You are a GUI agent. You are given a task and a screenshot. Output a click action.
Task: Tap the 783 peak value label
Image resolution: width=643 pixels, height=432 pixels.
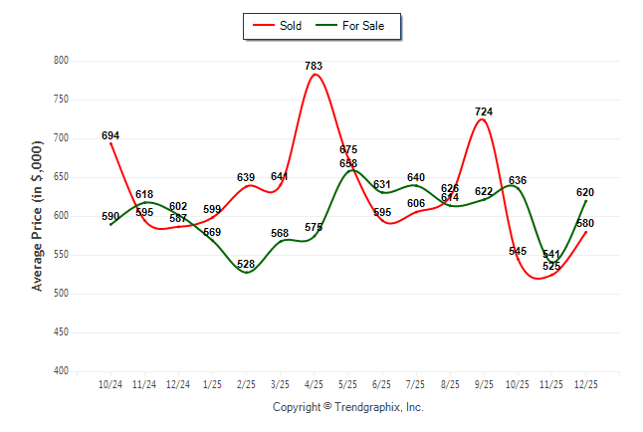(314, 66)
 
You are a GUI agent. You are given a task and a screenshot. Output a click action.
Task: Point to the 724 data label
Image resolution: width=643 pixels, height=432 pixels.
(484, 111)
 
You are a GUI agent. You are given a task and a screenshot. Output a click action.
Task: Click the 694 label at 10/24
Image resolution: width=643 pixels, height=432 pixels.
(110, 135)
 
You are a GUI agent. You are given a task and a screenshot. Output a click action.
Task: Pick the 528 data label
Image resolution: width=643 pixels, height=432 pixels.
(246, 264)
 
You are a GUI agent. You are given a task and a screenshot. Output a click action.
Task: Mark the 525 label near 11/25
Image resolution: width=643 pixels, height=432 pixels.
(550, 267)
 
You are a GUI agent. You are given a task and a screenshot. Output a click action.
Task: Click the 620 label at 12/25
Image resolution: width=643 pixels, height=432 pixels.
(585, 192)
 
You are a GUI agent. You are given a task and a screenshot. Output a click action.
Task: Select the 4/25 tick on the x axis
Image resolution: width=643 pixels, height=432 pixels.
(314, 383)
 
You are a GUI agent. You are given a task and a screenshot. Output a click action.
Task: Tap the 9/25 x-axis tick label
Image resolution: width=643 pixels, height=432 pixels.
(484, 383)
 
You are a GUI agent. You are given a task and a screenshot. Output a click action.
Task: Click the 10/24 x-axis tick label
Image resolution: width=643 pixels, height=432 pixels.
(110, 383)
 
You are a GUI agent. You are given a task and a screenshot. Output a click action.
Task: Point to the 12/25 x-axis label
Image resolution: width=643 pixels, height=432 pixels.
(585, 383)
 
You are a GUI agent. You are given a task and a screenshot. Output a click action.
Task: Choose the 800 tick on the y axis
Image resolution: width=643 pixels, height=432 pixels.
(61, 61)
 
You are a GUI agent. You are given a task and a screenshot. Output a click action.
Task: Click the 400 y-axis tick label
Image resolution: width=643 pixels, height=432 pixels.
(61, 371)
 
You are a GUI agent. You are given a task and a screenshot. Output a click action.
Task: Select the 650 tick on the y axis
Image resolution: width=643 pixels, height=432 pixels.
(61, 177)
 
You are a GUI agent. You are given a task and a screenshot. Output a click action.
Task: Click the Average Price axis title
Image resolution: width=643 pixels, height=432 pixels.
(38, 216)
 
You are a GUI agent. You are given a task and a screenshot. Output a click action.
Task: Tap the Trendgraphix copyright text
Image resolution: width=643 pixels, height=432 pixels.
(348, 407)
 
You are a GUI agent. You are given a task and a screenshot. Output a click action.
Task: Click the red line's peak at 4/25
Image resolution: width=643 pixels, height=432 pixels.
(315, 75)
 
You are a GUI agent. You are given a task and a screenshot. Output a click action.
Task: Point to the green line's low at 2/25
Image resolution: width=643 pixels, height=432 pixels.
(246, 273)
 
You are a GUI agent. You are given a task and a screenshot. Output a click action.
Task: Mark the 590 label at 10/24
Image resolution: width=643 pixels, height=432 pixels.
(110, 216)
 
